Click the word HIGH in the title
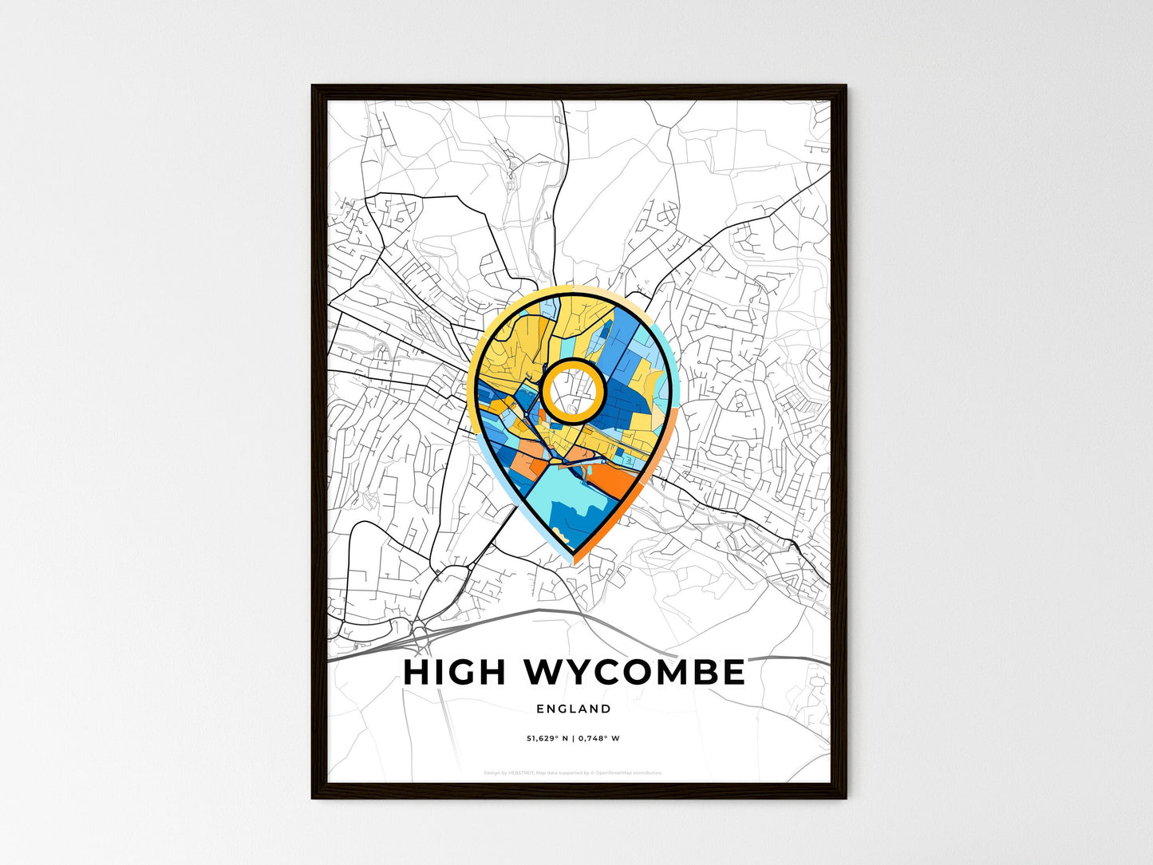coord(454,673)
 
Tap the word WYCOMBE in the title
coord(634,673)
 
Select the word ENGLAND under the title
coord(574,709)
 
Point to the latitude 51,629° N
coord(547,738)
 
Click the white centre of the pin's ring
coord(572,390)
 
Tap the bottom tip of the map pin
coord(574,559)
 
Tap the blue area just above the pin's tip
coord(573,523)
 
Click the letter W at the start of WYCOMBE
coord(545,673)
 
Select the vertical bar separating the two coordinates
coord(573,738)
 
